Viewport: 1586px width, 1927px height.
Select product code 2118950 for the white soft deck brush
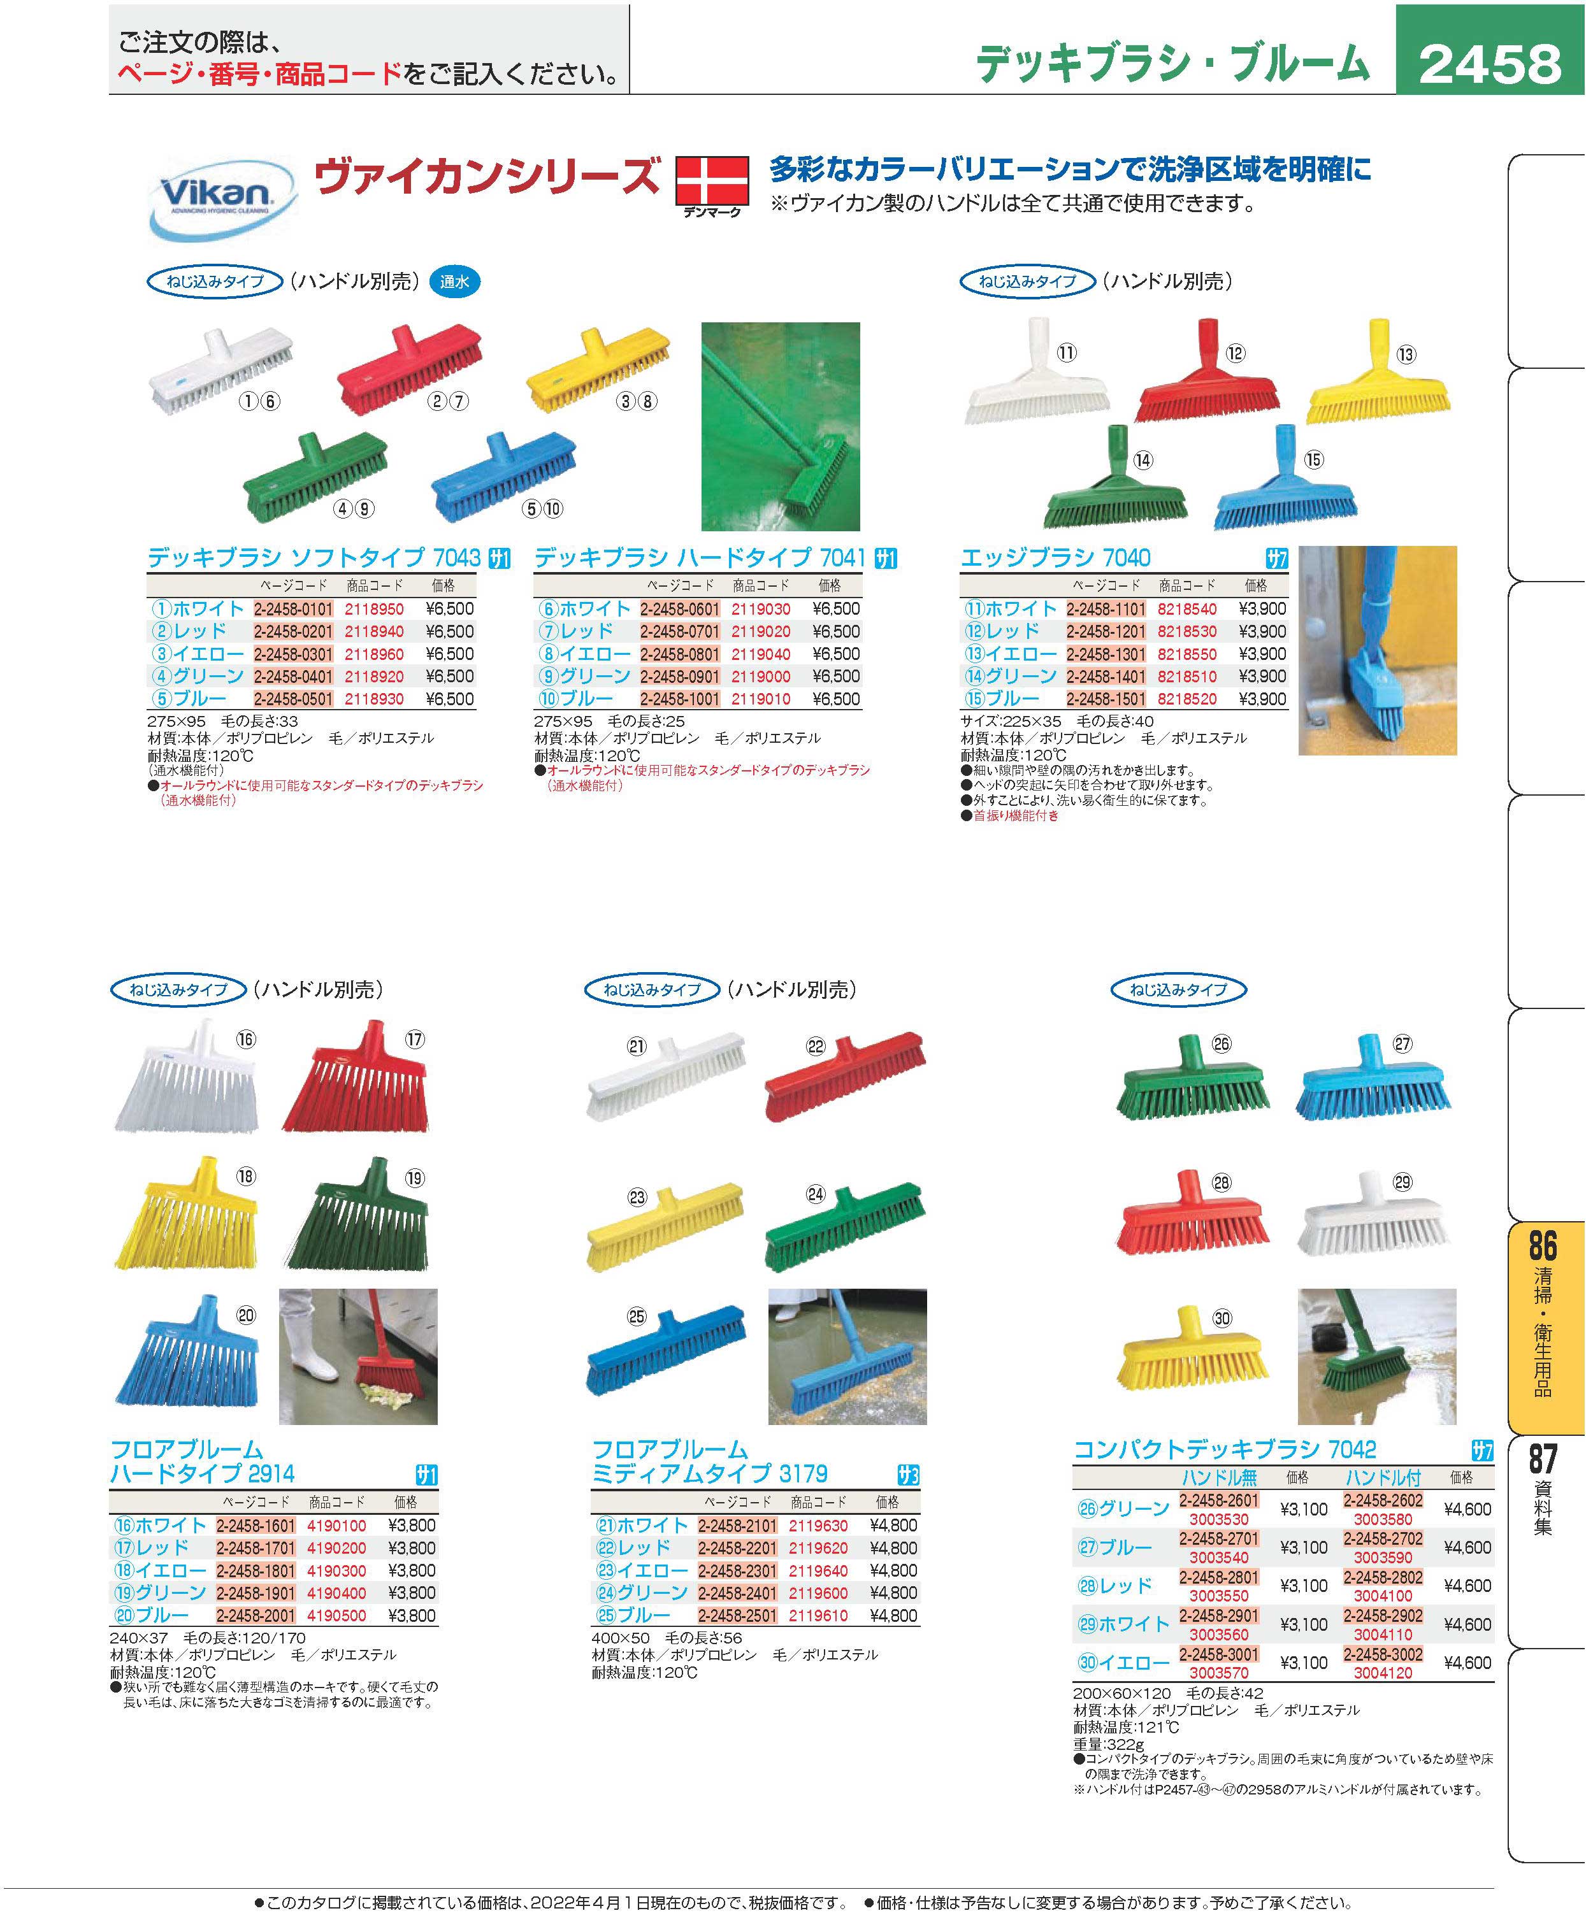click(373, 609)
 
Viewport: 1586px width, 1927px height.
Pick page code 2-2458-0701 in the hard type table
click(680, 632)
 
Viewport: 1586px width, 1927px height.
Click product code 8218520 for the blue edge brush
click(1186, 699)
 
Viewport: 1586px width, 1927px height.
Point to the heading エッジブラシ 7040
click(1055, 558)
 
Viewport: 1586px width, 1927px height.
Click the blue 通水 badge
click(454, 282)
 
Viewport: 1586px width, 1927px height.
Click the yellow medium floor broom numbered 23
click(664, 1226)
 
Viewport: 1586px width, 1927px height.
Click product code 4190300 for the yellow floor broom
click(336, 1571)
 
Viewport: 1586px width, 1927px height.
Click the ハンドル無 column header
click(1219, 1477)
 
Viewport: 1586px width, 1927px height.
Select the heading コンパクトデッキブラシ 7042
click(1224, 1449)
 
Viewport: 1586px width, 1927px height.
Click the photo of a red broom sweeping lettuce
click(357, 1356)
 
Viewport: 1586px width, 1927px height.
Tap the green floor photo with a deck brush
click(780, 427)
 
